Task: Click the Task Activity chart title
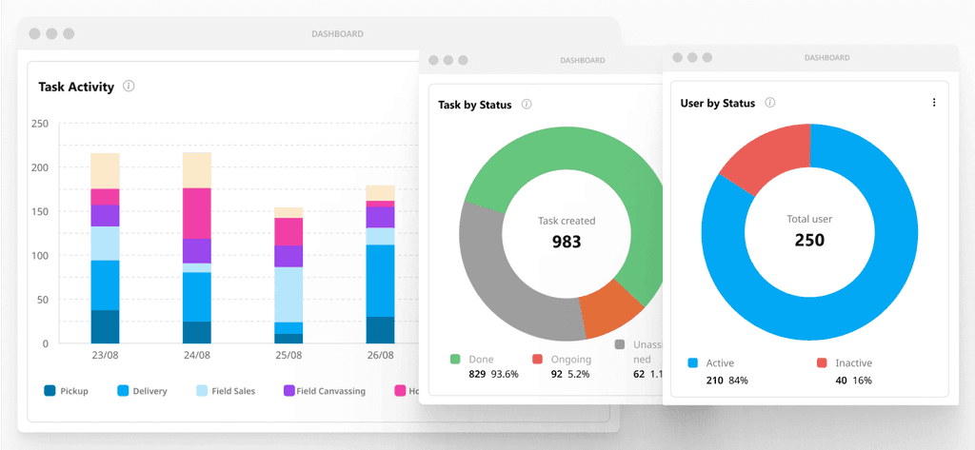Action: tap(76, 87)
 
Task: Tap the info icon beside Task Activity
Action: tap(129, 87)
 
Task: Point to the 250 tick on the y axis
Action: tap(39, 124)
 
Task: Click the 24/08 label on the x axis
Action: tap(196, 355)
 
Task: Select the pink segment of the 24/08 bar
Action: tap(196, 213)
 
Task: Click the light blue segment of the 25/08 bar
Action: tap(289, 294)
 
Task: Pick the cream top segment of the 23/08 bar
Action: tap(105, 170)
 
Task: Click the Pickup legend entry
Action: tap(67, 391)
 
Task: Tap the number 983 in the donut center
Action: tap(567, 242)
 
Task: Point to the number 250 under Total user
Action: tap(809, 240)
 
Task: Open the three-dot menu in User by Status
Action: tap(933, 103)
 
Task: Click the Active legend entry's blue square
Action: tap(693, 362)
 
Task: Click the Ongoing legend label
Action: tap(571, 360)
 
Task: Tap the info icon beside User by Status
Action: tap(770, 103)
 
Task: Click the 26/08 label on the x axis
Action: tap(380, 355)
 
